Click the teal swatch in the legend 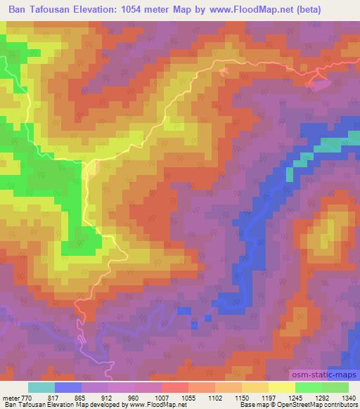coord(41,387)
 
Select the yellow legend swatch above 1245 coord(281,387)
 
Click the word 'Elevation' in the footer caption coord(71,405)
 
